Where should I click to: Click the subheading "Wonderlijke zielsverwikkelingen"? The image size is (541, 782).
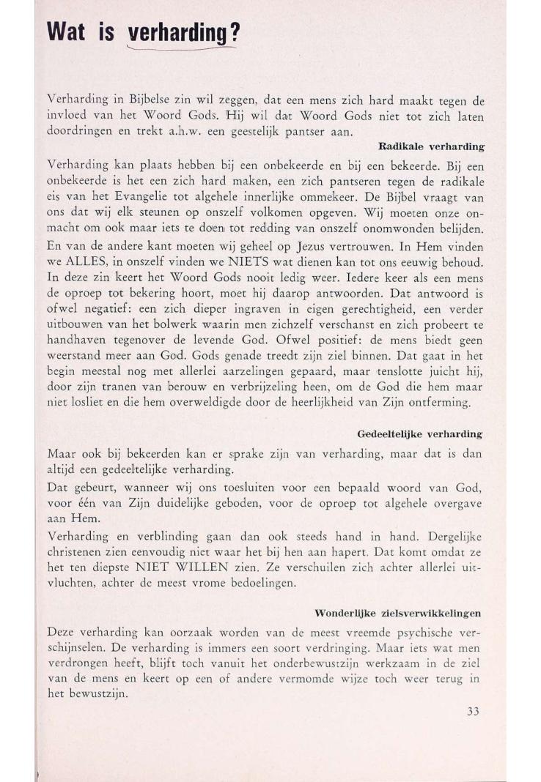(402, 612)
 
